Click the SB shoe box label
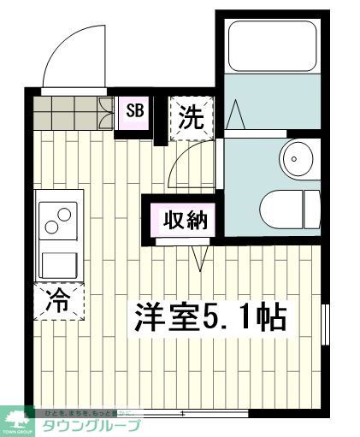coord(135,110)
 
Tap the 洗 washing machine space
coord(191,117)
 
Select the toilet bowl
coord(287,206)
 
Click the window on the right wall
coord(325,325)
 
